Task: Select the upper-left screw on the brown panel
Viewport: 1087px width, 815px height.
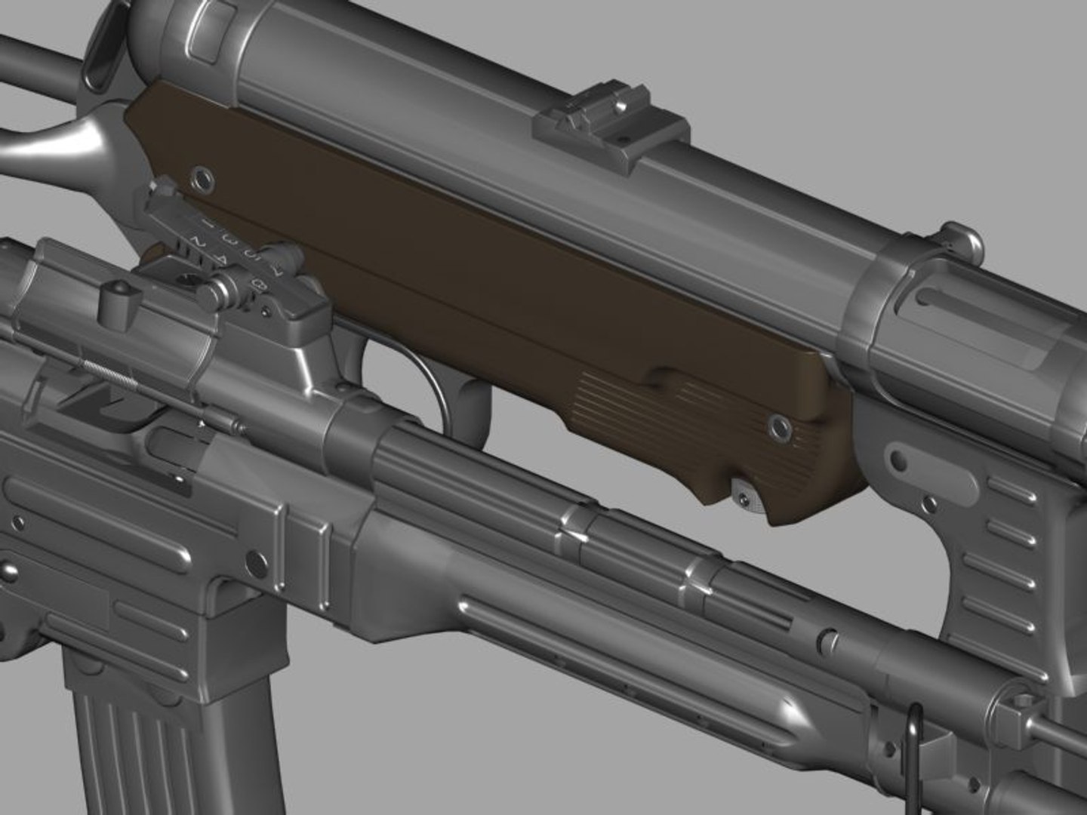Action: pyautogui.click(x=202, y=178)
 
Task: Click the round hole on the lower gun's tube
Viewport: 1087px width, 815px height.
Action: pyautogui.click(x=828, y=639)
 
